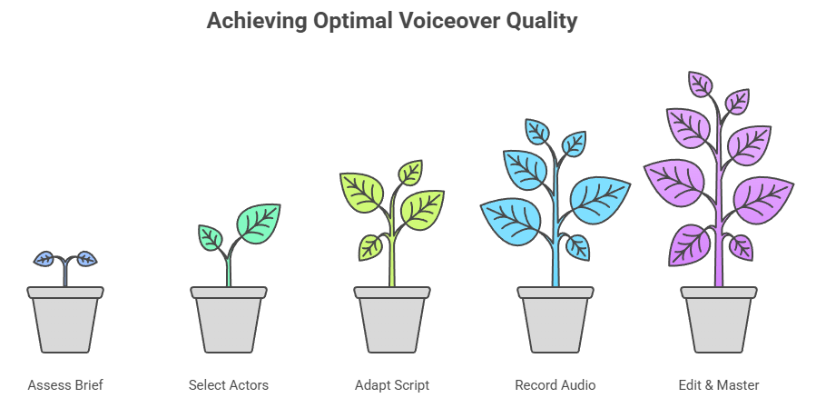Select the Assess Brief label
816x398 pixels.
tap(65, 385)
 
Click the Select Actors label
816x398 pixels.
tap(229, 385)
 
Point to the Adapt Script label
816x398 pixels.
tap(392, 385)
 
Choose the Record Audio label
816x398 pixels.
tap(555, 385)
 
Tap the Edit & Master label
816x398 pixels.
tap(719, 385)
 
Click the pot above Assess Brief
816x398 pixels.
tap(65, 319)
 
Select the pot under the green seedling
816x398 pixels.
tap(229, 319)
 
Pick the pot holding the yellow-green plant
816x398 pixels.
tap(392, 319)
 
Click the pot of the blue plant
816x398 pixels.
tap(555, 319)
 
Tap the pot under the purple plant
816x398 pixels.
tap(719, 319)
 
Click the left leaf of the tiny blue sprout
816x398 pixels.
tap(44, 258)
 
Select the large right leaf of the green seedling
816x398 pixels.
tap(259, 223)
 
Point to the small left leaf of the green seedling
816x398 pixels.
tap(211, 237)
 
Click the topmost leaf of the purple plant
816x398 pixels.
tap(700, 84)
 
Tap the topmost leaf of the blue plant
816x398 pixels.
tap(537, 131)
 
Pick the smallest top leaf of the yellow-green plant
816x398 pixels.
tap(410, 173)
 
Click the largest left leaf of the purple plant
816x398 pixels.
tap(675, 182)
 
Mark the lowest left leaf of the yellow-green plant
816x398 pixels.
tap(370, 247)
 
